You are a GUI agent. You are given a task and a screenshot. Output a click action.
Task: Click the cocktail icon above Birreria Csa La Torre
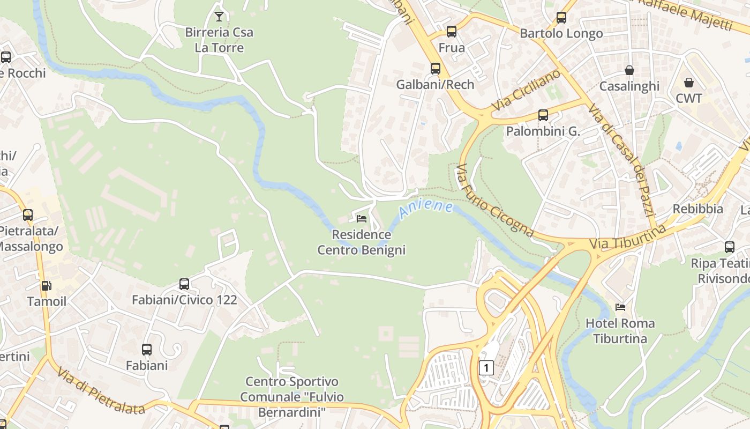click(x=219, y=17)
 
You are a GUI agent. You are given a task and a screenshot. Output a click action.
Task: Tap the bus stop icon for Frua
click(x=452, y=32)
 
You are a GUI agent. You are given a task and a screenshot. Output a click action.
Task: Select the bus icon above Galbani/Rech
click(x=436, y=69)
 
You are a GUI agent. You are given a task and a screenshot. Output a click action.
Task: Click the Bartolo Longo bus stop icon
click(x=561, y=18)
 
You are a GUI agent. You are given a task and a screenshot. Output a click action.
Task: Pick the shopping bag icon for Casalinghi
click(x=629, y=70)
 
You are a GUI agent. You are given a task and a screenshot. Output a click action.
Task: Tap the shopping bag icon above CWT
click(x=689, y=83)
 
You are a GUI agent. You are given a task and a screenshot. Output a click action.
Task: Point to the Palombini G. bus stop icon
click(x=543, y=115)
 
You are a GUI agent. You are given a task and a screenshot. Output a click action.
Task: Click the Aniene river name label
click(x=426, y=209)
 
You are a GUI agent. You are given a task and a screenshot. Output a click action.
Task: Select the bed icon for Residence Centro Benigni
click(x=362, y=219)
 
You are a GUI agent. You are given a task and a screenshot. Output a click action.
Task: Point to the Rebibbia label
click(x=697, y=209)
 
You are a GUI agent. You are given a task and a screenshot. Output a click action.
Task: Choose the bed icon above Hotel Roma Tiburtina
click(x=620, y=307)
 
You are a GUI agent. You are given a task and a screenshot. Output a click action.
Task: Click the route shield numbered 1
click(x=486, y=368)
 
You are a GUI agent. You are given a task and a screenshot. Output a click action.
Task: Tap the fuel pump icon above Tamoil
click(x=47, y=286)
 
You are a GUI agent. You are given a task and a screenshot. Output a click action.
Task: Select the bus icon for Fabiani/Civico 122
click(x=184, y=284)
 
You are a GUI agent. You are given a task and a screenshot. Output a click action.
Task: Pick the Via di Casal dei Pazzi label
click(x=621, y=160)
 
